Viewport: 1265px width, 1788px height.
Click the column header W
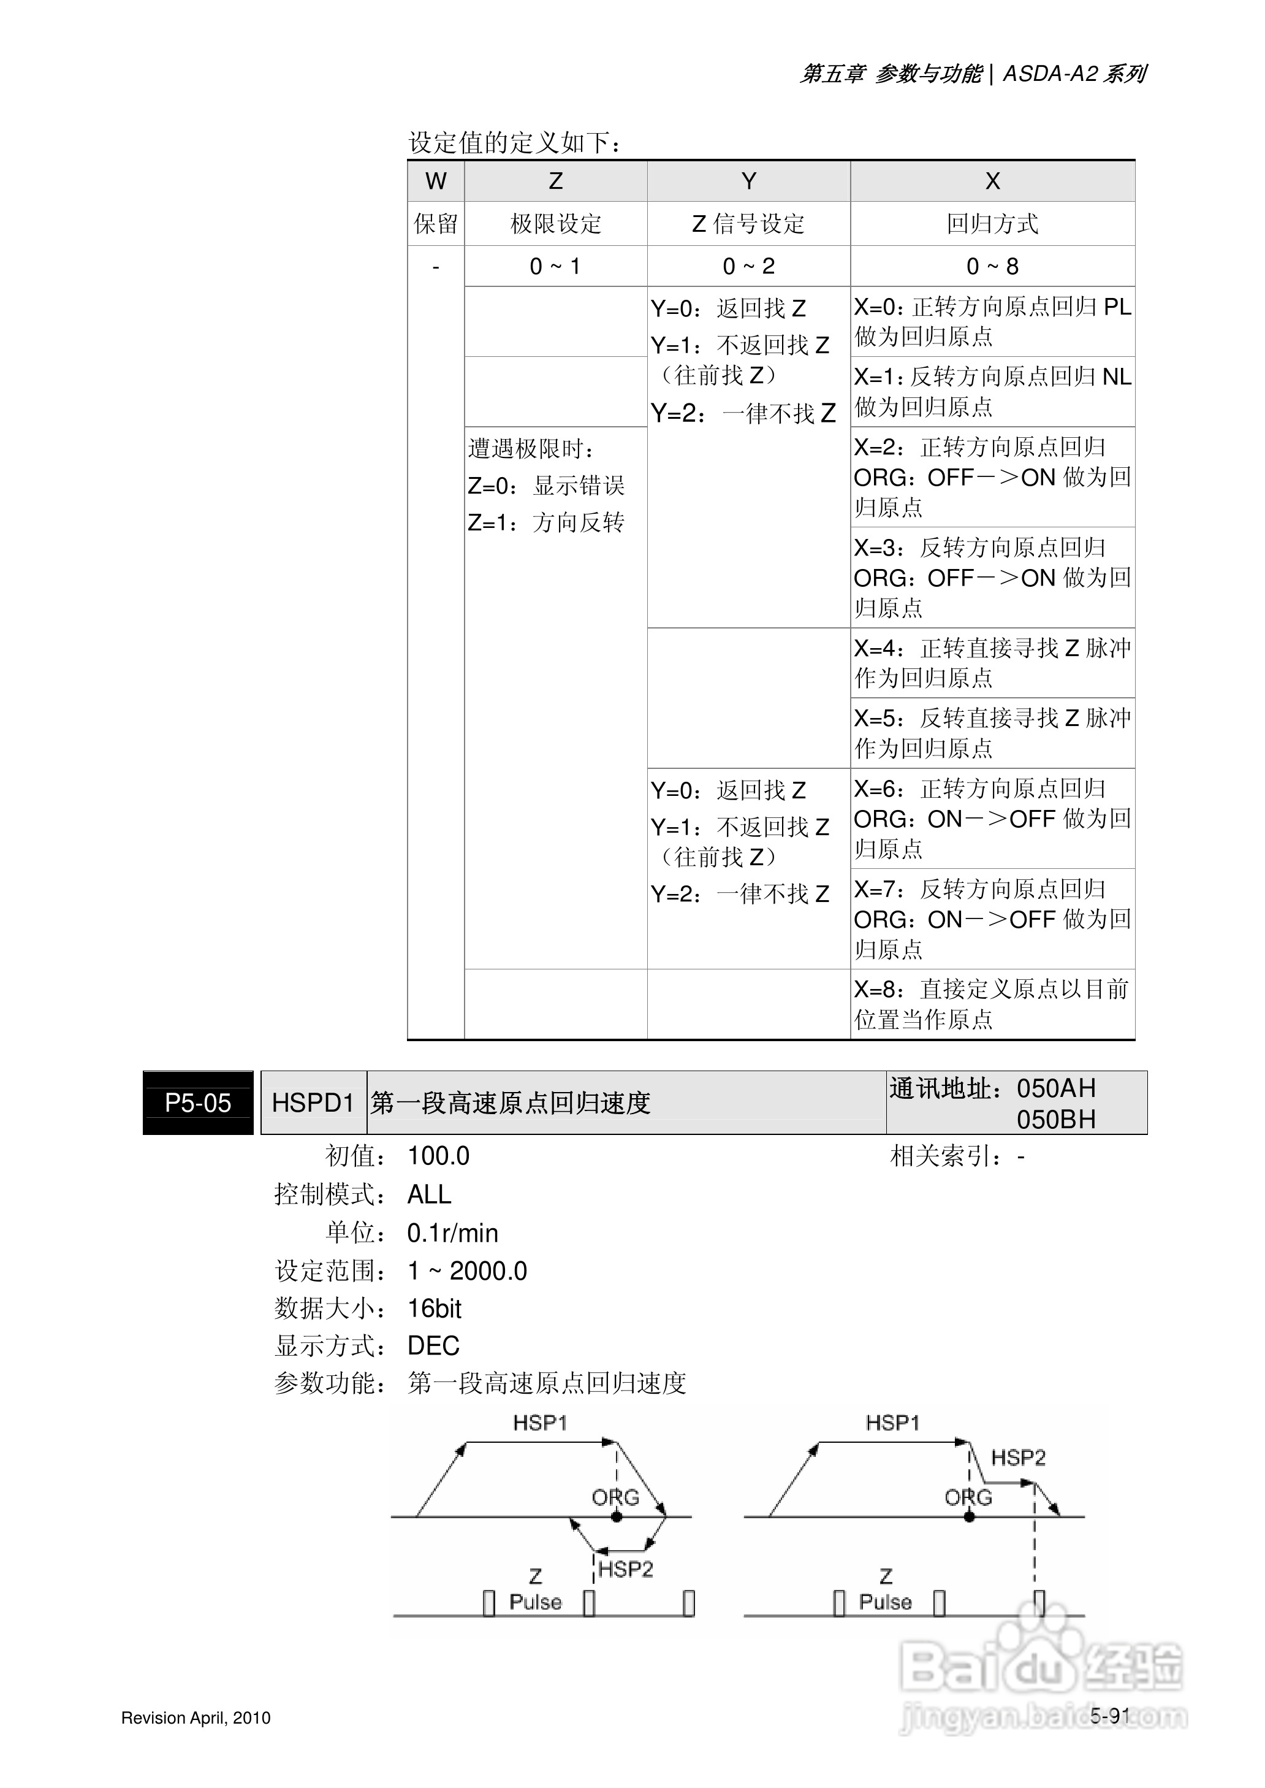[x=435, y=181]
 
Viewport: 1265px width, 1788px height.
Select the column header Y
[x=748, y=181]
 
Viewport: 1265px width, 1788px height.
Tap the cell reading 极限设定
[x=555, y=224]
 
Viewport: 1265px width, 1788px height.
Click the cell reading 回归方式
[x=992, y=224]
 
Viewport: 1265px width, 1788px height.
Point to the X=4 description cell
[x=992, y=663]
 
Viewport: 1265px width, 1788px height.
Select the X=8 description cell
[x=992, y=1004]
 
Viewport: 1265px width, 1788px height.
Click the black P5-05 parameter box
[x=198, y=1103]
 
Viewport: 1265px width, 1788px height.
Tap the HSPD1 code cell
[x=313, y=1103]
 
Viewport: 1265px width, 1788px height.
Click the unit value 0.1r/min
[x=452, y=1233]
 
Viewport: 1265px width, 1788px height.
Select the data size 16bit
[x=435, y=1309]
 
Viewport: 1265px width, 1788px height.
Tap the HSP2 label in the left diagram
[x=626, y=1569]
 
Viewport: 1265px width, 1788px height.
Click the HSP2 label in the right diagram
[x=1017, y=1458]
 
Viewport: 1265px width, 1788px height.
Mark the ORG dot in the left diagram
[x=616, y=1517]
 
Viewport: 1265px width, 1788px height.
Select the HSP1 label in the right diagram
[x=892, y=1423]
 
